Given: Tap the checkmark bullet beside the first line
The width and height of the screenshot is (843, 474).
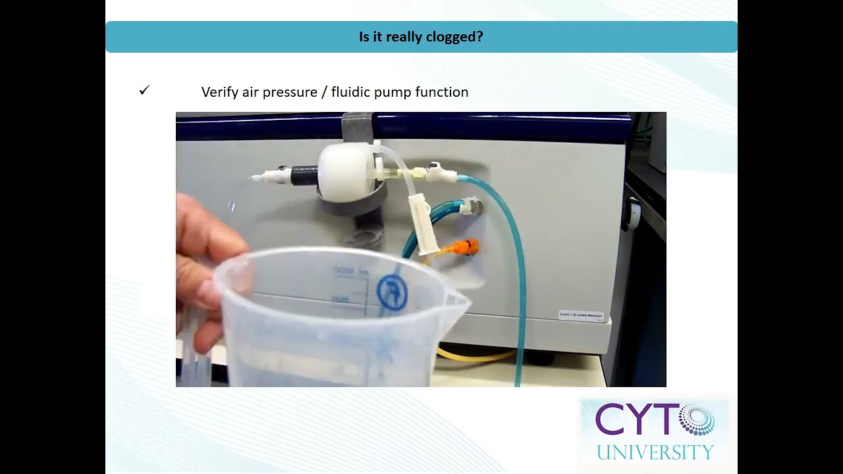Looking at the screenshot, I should (x=145, y=91).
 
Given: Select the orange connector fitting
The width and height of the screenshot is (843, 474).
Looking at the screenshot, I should (x=465, y=248).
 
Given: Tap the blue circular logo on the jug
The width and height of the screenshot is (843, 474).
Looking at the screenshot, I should (x=392, y=292).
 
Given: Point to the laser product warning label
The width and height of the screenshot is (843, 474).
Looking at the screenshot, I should (x=581, y=316).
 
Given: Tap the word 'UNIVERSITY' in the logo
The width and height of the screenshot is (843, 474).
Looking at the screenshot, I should (x=655, y=452).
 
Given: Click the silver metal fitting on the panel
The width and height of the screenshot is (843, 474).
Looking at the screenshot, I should (x=472, y=206).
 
